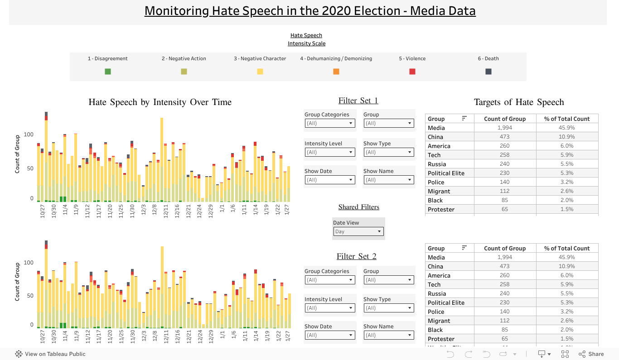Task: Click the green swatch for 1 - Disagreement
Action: pyautogui.click(x=108, y=72)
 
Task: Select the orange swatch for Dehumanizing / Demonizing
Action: pyautogui.click(x=336, y=72)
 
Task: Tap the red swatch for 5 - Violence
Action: pyautogui.click(x=412, y=72)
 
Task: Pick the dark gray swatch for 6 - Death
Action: pyautogui.click(x=488, y=72)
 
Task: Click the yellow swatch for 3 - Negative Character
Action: pyautogui.click(x=260, y=72)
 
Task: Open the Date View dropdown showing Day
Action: pyautogui.click(x=358, y=231)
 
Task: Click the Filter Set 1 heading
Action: pyautogui.click(x=358, y=101)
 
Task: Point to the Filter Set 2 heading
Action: pyautogui.click(x=356, y=256)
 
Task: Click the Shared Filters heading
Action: pyautogui.click(x=358, y=207)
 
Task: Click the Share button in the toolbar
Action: pyautogui.click(x=591, y=354)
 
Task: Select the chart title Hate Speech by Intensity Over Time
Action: pyautogui.click(x=160, y=102)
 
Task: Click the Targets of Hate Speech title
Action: pyautogui.click(x=519, y=102)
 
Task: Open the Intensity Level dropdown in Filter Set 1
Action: pyautogui.click(x=329, y=152)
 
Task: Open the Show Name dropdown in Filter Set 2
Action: pyautogui.click(x=388, y=335)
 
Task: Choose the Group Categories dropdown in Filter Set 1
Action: pyautogui.click(x=329, y=123)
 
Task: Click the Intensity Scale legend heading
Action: pyautogui.click(x=306, y=43)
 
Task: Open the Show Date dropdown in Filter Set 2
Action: pyautogui.click(x=329, y=335)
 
